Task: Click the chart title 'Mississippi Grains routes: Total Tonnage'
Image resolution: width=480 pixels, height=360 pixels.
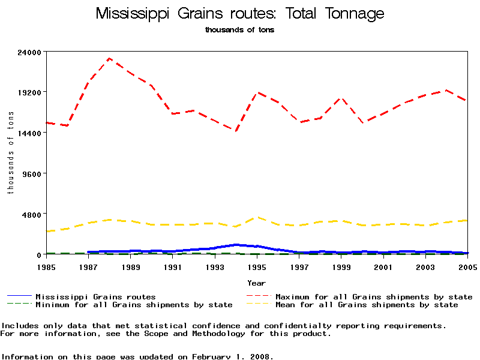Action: [x=240, y=13]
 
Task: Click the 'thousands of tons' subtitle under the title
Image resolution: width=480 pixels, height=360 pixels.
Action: [x=239, y=29]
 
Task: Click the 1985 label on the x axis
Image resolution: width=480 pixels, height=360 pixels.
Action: [x=46, y=266]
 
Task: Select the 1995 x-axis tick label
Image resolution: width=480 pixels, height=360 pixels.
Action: [x=257, y=266]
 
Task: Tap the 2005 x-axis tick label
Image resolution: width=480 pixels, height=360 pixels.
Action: [x=467, y=266]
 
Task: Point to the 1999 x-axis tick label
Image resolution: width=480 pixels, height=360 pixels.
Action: [x=341, y=266]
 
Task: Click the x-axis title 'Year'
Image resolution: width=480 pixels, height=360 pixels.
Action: [x=257, y=282]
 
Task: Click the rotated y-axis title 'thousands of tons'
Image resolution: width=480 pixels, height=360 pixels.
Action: [x=10, y=153]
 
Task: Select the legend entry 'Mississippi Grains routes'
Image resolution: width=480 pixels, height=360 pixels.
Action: [x=95, y=296]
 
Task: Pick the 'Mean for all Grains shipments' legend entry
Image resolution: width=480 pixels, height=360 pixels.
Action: [x=366, y=305]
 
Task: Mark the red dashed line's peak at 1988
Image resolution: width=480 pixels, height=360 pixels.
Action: [x=109, y=58]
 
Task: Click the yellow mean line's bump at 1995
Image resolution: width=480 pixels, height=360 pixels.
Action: [x=257, y=217]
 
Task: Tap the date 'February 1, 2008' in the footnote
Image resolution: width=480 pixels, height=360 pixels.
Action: [x=231, y=356]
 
